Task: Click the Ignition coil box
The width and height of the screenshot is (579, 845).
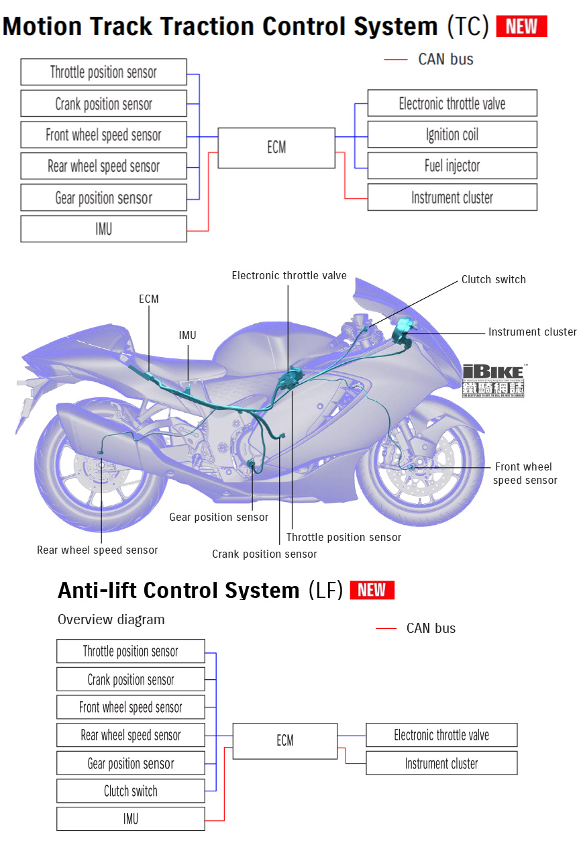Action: pos(452,134)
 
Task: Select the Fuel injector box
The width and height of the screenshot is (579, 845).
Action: pos(452,166)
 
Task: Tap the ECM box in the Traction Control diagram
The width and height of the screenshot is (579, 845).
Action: pos(276,148)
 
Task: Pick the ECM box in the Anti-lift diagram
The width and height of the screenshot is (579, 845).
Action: pos(284,740)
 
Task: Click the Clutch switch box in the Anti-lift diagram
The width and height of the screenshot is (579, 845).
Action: pos(131,791)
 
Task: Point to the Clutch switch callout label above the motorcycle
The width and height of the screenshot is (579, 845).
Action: pos(493,280)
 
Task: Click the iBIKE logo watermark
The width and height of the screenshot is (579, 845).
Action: pos(494,380)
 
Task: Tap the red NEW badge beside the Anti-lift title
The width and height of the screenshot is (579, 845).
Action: pos(372,590)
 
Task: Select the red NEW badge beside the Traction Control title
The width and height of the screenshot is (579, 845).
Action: pos(521,26)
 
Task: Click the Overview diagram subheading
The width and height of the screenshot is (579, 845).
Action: pos(111,619)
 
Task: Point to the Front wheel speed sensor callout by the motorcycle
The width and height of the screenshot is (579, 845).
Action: pos(524,473)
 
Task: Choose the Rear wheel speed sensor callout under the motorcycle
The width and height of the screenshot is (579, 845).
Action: pos(97,550)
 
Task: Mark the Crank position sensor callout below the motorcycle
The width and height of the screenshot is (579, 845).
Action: pos(264,554)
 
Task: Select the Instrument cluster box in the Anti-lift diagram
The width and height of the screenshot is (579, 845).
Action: pos(441,763)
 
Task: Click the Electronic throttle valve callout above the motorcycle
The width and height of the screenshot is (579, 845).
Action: pos(289,276)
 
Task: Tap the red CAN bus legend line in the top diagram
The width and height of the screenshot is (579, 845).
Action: pos(396,60)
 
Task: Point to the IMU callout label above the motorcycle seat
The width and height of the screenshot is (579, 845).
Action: pos(188,335)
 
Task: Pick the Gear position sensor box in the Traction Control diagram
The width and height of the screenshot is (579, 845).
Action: pos(103,198)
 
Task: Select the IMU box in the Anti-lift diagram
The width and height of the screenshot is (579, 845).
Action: pos(131,819)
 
